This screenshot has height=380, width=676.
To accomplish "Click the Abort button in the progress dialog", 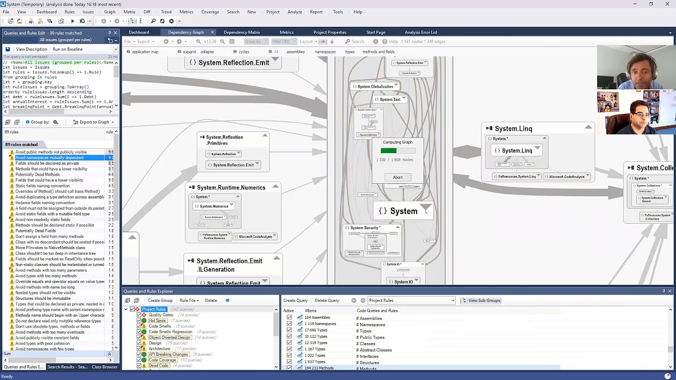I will (398, 177).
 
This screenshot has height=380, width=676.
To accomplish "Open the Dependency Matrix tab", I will (242, 32).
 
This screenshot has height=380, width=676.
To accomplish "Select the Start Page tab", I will (375, 32).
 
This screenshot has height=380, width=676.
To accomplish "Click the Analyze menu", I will (295, 12).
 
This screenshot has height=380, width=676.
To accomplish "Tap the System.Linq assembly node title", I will (513, 129).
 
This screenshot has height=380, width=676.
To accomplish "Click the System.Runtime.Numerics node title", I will (231, 188).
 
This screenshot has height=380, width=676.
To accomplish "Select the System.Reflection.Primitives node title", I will (224, 140).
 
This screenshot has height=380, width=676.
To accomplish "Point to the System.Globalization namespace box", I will (375, 87).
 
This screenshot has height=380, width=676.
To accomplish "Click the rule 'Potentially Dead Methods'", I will (37, 175).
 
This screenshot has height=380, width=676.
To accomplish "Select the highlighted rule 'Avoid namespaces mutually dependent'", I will (50, 158).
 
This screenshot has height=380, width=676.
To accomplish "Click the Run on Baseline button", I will (68, 49).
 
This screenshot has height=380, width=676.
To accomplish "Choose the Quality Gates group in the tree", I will (161, 315).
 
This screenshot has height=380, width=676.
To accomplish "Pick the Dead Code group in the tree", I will (158, 366).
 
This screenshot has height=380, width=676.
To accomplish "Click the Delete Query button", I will (327, 300).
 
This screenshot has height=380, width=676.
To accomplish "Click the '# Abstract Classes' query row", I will (374, 350).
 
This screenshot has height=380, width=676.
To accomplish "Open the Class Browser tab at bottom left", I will (105, 367).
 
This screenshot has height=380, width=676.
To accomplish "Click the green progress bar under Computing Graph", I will (389, 151).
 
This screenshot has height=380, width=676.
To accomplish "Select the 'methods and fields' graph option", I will (378, 52).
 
